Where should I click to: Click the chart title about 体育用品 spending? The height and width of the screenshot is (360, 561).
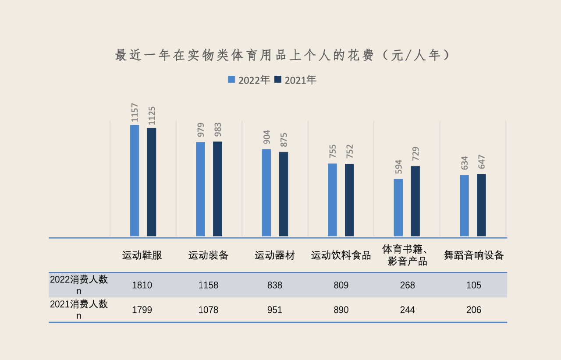[x=282, y=55]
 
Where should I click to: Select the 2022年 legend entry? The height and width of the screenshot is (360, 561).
[x=249, y=80]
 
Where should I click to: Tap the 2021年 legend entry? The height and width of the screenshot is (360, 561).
[x=295, y=80]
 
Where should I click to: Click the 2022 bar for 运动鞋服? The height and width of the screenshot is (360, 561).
[x=135, y=180]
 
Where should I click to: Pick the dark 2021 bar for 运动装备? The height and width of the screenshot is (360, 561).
[x=217, y=189]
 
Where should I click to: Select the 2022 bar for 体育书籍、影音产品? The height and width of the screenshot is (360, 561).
[x=398, y=208]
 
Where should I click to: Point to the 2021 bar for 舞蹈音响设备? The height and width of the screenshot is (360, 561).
[x=481, y=205]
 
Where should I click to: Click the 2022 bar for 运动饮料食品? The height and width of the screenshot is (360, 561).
[x=332, y=200]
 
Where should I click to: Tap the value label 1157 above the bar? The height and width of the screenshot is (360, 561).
[x=135, y=113]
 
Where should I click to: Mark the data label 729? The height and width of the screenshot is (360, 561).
[x=415, y=154]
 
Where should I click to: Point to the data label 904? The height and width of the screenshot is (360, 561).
[x=266, y=137]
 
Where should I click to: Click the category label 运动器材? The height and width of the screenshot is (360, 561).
[x=275, y=255]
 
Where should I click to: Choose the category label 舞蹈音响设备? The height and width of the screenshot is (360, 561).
[x=474, y=255]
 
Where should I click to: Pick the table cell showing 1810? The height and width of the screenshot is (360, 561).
[x=142, y=285]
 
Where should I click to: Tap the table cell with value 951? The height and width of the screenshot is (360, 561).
[x=275, y=310]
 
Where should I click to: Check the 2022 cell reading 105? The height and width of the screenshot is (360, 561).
[x=474, y=285]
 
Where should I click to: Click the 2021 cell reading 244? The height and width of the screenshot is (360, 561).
[x=408, y=310]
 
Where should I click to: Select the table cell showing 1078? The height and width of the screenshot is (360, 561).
[x=208, y=310]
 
